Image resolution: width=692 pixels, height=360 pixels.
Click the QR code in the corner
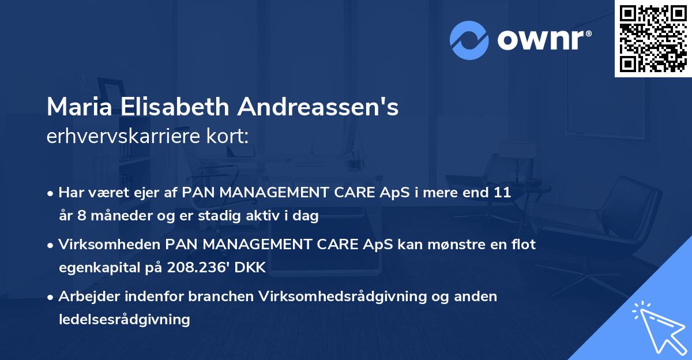click(x=652, y=38)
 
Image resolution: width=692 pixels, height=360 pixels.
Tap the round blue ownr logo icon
click(x=469, y=40)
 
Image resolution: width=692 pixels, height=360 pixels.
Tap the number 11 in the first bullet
click(x=502, y=193)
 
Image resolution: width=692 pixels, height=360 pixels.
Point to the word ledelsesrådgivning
click(x=124, y=319)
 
